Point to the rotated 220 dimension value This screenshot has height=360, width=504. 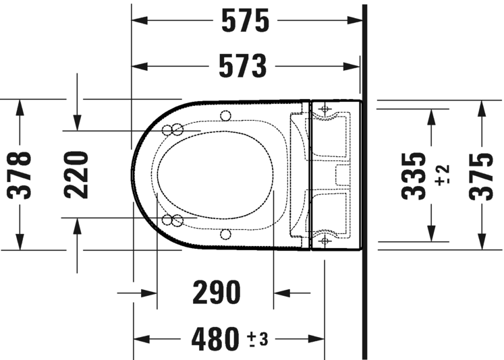pyautogui.click(x=77, y=175)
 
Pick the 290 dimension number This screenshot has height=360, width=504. pyautogui.click(x=216, y=293)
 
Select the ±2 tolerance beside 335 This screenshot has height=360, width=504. pyautogui.click(x=443, y=175)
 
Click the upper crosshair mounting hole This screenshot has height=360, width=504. pyautogui.click(x=325, y=108)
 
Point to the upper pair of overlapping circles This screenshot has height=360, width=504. pyautogui.click(x=173, y=129)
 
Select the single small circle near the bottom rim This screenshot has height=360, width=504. pyautogui.click(x=225, y=235)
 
